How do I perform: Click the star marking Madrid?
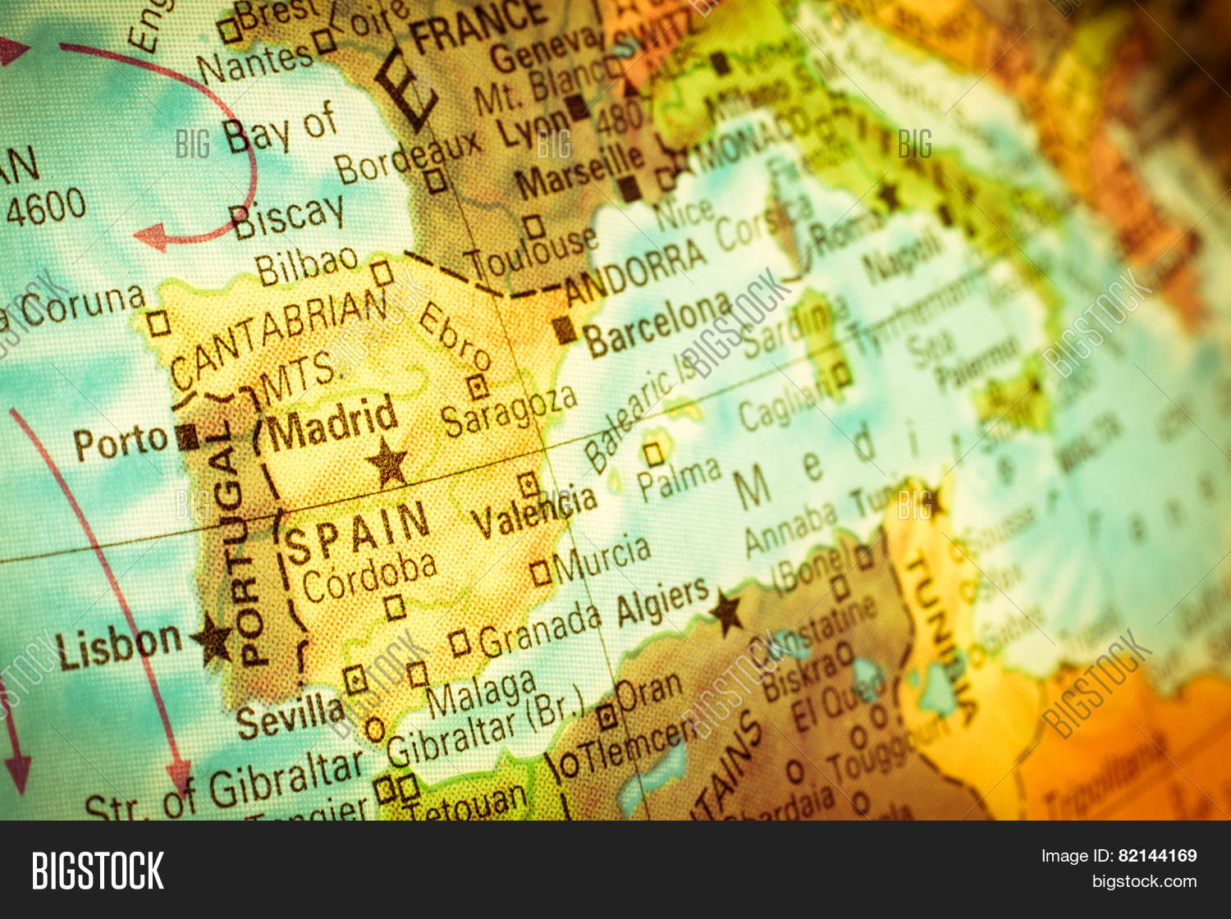click(x=387, y=462)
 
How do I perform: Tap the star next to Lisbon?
click(x=213, y=638)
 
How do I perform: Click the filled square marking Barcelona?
click(x=565, y=330)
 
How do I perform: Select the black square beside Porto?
click(x=187, y=437)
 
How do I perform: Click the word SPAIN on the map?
click(x=356, y=533)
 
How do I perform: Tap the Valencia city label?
click(x=534, y=511)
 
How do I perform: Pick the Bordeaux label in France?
click(x=408, y=155)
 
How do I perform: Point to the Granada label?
click(x=540, y=629)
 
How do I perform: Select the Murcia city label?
click(x=602, y=557)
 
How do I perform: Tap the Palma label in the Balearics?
click(x=680, y=477)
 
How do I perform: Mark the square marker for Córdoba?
click(x=395, y=606)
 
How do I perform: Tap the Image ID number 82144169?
click(x=1157, y=856)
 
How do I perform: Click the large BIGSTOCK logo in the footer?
click(x=98, y=871)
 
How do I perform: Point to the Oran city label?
click(x=648, y=693)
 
